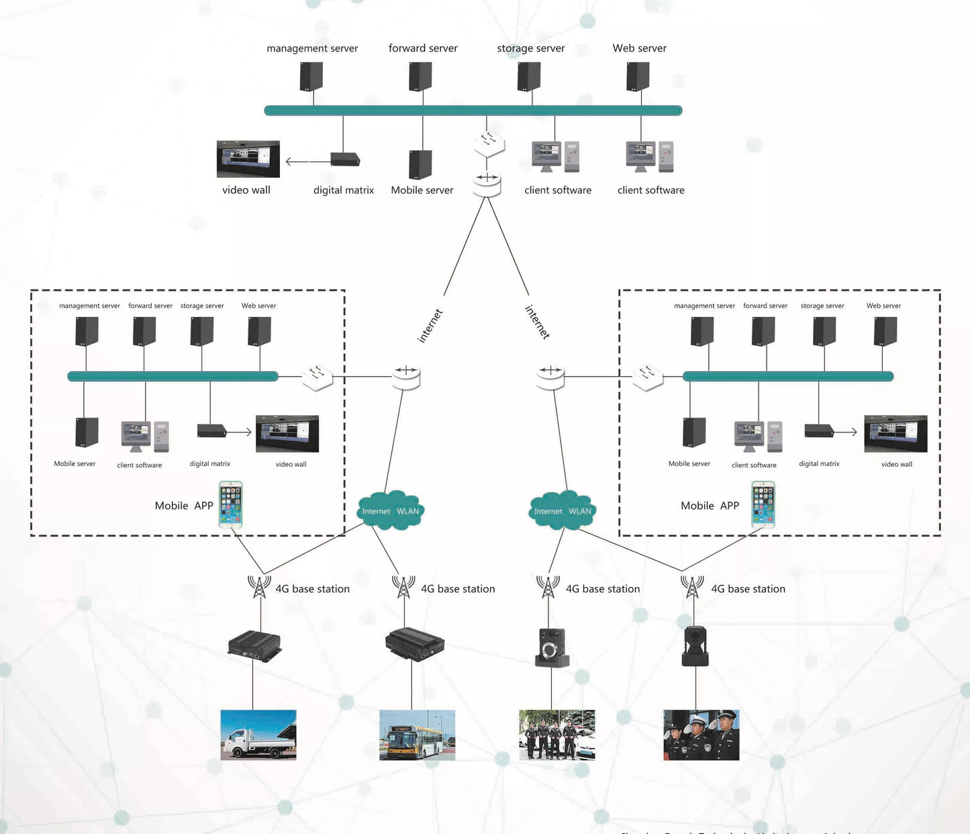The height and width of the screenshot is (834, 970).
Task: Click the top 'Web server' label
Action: pyautogui.click(x=639, y=48)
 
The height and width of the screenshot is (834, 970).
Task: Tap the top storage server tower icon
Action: pyautogui.click(x=529, y=77)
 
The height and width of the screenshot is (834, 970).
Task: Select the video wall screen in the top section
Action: pyautogui.click(x=248, y=159)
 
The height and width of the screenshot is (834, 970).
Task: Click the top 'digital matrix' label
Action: pyautogui.click(x=343, y=190)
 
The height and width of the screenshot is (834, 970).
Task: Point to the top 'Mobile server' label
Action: pyautogui.click(x=422, y=190)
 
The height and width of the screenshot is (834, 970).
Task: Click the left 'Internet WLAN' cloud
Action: pyautogui.click(x=390, y=511)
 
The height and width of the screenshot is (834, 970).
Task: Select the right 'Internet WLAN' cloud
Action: pyautogui.click(x=563, y=511)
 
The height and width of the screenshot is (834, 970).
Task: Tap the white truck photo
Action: pyautogui.click(x=258, y=735)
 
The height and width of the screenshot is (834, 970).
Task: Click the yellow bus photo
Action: pyautogui.click(x=417, y=735)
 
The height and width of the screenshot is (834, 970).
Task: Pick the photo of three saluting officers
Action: pyautogui.click(x=701, y=735)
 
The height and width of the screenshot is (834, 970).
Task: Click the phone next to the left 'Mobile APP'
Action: pyautogui.click(x=230, y=504)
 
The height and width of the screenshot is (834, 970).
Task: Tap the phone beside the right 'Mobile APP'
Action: pyautogui.click(x=763, y=504)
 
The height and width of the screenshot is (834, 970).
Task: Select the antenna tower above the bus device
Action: pyautogui.click(x=403, y=587)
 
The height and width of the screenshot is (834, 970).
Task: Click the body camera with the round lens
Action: pyautogui.click(x=552, y=647)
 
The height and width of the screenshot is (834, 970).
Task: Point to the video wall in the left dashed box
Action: pyautogui.click(x=287, y=434)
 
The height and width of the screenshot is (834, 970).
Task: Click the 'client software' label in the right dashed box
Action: pyautogui.click(x=754, y=465)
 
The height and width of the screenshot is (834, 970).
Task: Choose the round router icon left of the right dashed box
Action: pyautogui.click(x=550, y=377)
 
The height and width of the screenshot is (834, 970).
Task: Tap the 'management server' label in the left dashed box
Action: pyautogui.click(x=89, y=306)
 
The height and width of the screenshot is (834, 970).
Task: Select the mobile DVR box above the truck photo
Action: pyautogui.click(x=254, y=646)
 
